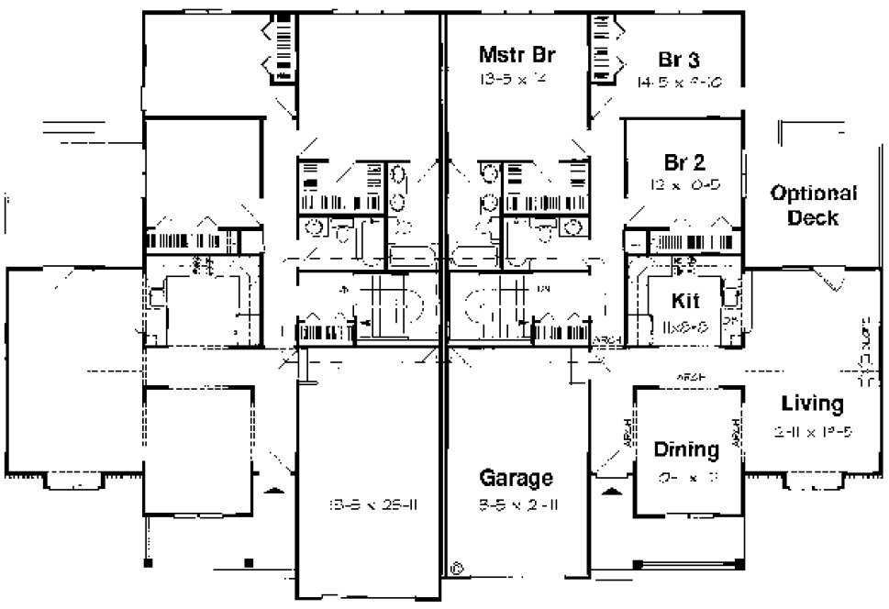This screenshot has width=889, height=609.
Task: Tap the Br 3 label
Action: coord(680,61)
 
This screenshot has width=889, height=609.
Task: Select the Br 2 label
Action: coord(684,163)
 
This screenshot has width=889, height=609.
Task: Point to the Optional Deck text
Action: coord(813,205)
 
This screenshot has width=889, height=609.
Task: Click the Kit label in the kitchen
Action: coord(686,300)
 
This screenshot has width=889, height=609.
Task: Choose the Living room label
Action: coord(812,403)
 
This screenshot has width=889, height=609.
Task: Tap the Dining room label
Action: coord(685,449)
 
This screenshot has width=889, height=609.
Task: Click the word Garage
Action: coord(517,478)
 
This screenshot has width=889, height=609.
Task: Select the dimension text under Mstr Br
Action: coord(514,79)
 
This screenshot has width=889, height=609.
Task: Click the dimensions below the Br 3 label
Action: coord(680,83)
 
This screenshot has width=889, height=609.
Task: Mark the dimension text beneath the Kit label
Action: coord(684,326)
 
